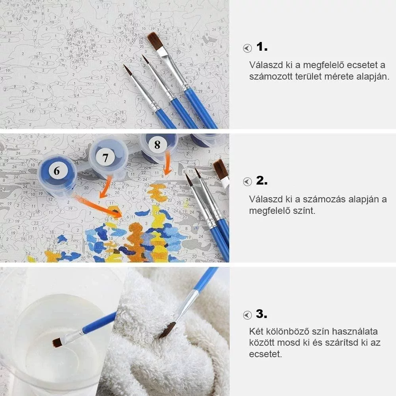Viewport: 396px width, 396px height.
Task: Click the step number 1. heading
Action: click(x=262, y=47)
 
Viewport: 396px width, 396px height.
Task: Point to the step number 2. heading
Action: click(x=262, y=181)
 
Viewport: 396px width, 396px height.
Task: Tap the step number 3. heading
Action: click(x=262, y=314)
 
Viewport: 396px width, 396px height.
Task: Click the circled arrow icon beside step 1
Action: click(x=247, y=48)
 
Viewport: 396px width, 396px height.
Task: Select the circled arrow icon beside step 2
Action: click(x=247, y=182)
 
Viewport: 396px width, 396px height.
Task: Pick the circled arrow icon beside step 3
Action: click(x=247, y=315)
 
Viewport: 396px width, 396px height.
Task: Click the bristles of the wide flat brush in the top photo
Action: click(x=155, y=41)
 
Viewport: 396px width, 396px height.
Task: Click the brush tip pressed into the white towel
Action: click(x=168, y=330)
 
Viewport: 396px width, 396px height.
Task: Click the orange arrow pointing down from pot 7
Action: click(x=106, y=187)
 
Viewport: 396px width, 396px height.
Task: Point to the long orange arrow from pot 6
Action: click(x=98, y=206)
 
